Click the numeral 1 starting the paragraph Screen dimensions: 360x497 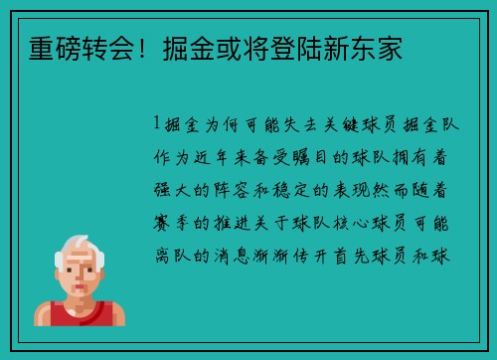click(157, 126)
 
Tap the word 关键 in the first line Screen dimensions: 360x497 click(337, 126)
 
